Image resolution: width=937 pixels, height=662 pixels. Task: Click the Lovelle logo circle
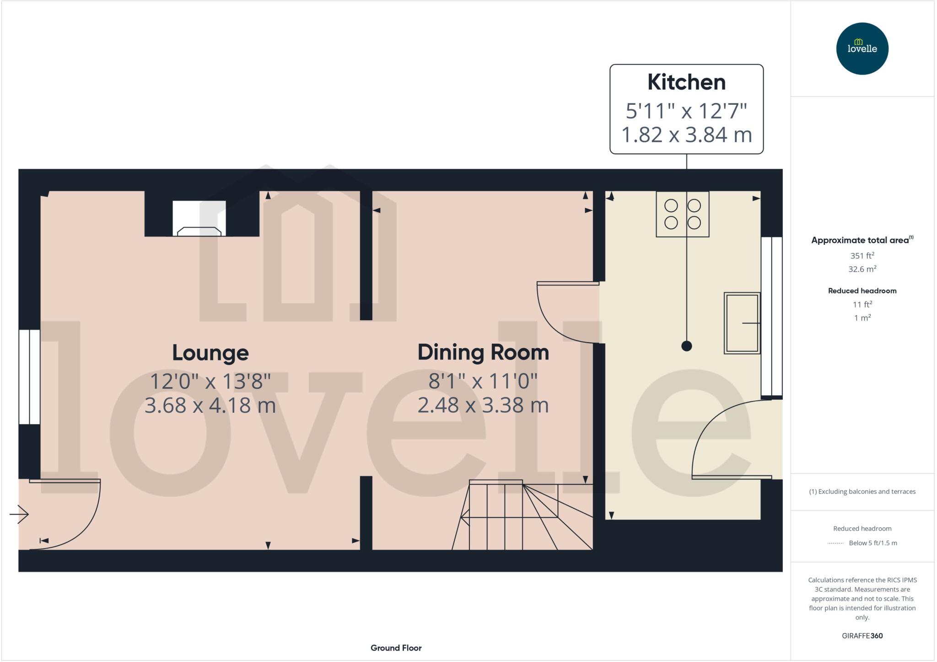[862, 48]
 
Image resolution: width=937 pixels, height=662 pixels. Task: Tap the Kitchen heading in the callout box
[686, 82]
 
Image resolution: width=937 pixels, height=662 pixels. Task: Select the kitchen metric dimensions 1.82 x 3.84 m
[686, 135]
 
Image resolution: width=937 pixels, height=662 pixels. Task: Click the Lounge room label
[210, 353]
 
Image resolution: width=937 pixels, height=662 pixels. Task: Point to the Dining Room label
[483, 352]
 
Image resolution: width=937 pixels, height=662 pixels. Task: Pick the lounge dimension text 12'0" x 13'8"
[210, 381]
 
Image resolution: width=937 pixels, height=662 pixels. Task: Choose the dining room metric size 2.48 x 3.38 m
[483, 405]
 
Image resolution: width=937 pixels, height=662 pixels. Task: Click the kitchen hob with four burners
[682, 214]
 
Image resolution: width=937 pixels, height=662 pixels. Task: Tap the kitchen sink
[742, 323]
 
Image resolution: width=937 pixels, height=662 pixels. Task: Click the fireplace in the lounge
[199, 219]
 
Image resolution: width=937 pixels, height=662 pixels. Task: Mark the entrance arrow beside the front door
[19, 514]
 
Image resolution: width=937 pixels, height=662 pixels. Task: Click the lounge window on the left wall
[29, 377]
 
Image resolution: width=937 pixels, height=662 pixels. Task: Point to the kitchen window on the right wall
[771, 316]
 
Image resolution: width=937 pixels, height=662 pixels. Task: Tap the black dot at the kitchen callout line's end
[686, 346]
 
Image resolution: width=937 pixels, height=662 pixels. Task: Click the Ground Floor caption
[396, 648]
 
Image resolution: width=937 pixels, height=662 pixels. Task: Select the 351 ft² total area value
[862, 256]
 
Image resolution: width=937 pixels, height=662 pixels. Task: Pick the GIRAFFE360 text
[862, 635]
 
